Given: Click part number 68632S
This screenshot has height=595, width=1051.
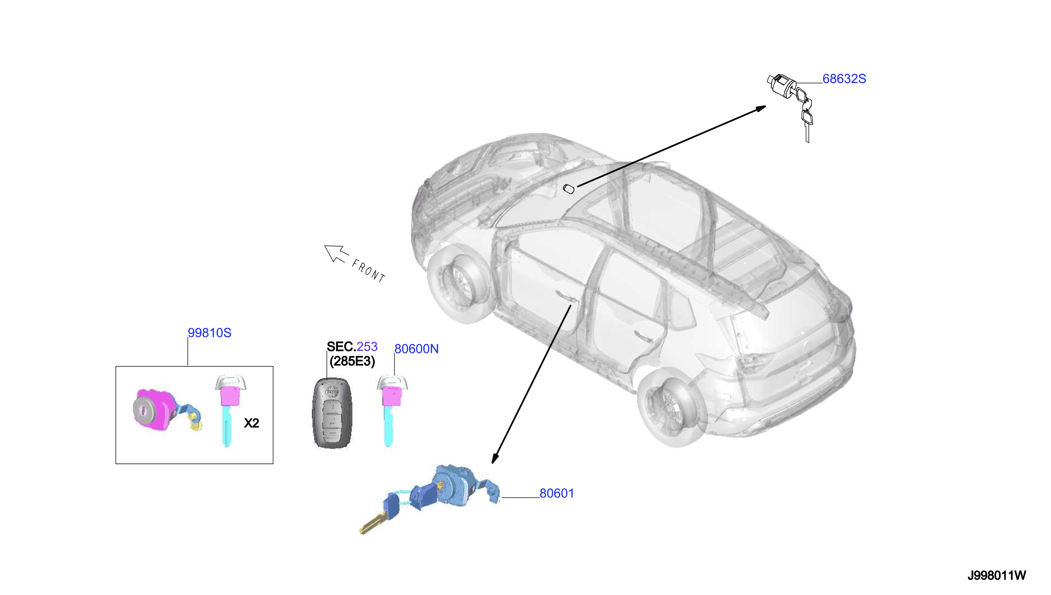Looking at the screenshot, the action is (844, 79).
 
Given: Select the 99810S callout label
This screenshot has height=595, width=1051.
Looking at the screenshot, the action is (209, 333).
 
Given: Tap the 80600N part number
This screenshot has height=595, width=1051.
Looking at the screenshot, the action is (416, 348).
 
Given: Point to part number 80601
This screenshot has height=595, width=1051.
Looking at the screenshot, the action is (557, 493).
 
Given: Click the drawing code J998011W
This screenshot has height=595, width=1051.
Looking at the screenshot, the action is (996, 575).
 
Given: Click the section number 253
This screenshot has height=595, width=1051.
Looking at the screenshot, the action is (367, 346).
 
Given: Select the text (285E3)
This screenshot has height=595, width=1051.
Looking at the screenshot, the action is (352, 361).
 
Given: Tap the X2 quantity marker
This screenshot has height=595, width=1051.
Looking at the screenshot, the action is (252, 423).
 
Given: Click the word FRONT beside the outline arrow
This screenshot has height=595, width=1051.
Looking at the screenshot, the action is (368, 271).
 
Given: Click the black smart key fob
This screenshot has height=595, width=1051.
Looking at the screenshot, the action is (332, 413).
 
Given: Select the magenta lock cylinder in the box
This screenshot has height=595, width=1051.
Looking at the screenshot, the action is (155, 409).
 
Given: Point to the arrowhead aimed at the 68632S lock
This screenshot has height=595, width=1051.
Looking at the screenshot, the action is (760, 108).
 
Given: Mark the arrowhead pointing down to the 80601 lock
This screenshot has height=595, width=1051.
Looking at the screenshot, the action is (495, 459).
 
